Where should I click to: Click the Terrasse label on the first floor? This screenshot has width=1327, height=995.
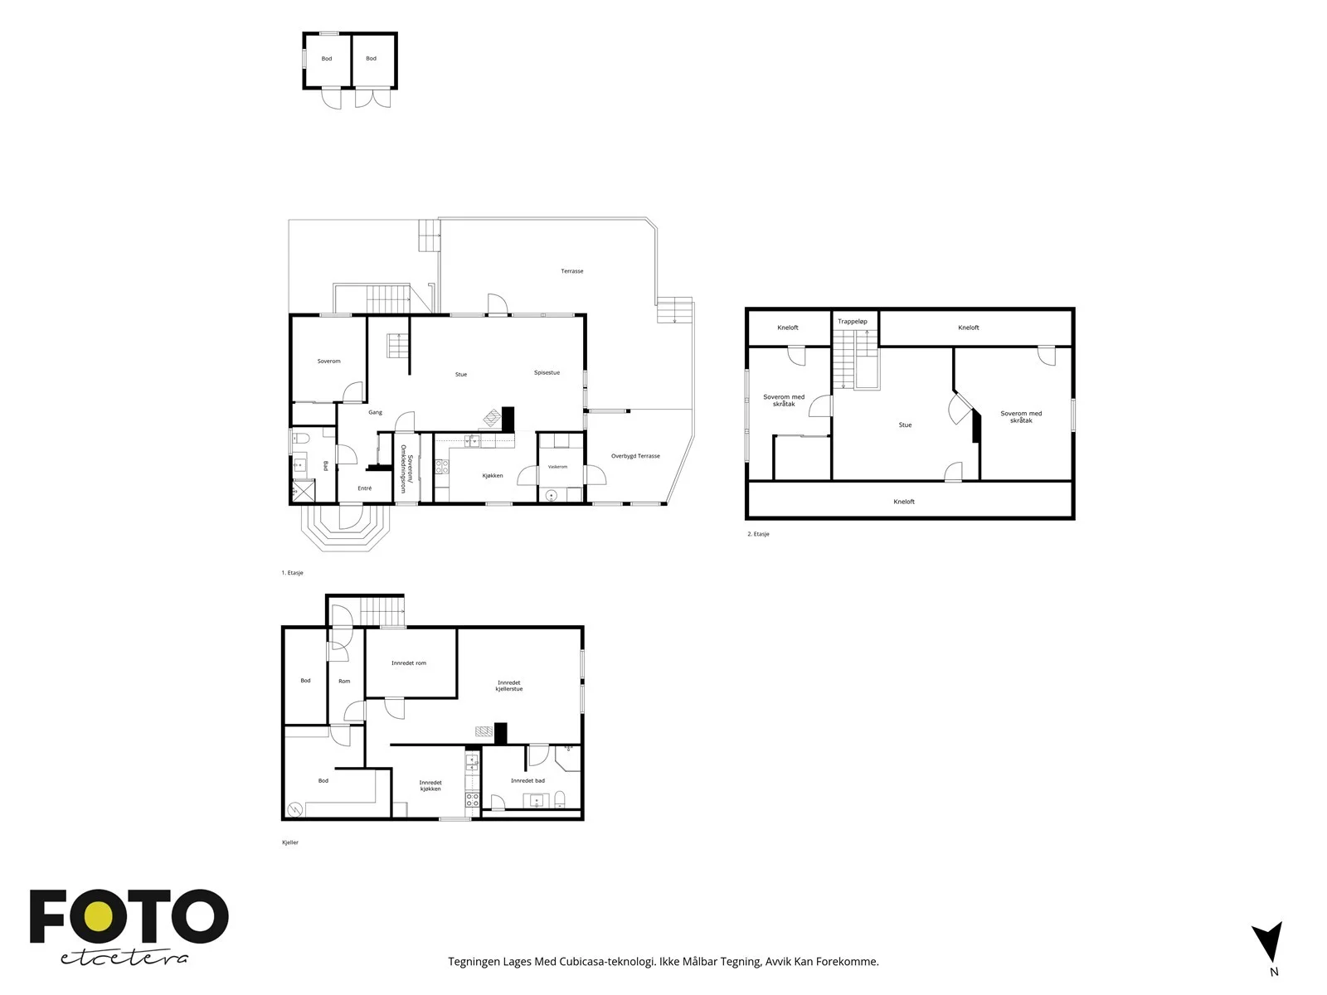tap(571, 271)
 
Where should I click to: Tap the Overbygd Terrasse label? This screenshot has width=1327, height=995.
tap(634, 456)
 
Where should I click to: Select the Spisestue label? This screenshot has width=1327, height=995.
tap(547, 373)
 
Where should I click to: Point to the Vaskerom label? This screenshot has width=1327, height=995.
tap(557, 466)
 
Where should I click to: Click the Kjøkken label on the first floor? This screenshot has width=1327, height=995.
tap(492, 475)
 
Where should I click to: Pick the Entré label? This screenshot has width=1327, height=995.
tap(365, 488)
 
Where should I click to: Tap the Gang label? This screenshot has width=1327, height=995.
tap(376, 413)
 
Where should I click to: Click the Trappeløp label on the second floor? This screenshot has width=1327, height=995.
tap(853, 322)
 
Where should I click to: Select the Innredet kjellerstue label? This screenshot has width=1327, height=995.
tap(509, 686)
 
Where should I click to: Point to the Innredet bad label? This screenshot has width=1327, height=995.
tap(527, 780)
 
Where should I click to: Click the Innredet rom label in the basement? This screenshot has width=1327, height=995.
tap(409, 663)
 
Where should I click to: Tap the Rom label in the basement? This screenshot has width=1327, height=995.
tap(344, 681)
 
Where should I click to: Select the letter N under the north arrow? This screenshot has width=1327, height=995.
tap(1274, 972)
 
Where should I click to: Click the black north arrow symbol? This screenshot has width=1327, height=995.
tap(1268, 940)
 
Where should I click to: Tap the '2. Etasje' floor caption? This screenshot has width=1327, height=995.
tap(758, 534)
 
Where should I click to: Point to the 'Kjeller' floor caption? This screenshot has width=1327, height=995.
tap(290, 842)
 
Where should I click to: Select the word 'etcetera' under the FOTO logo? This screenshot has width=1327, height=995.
tap(124, 959)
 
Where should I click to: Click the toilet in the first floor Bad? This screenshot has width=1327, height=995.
tap(300, 438)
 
